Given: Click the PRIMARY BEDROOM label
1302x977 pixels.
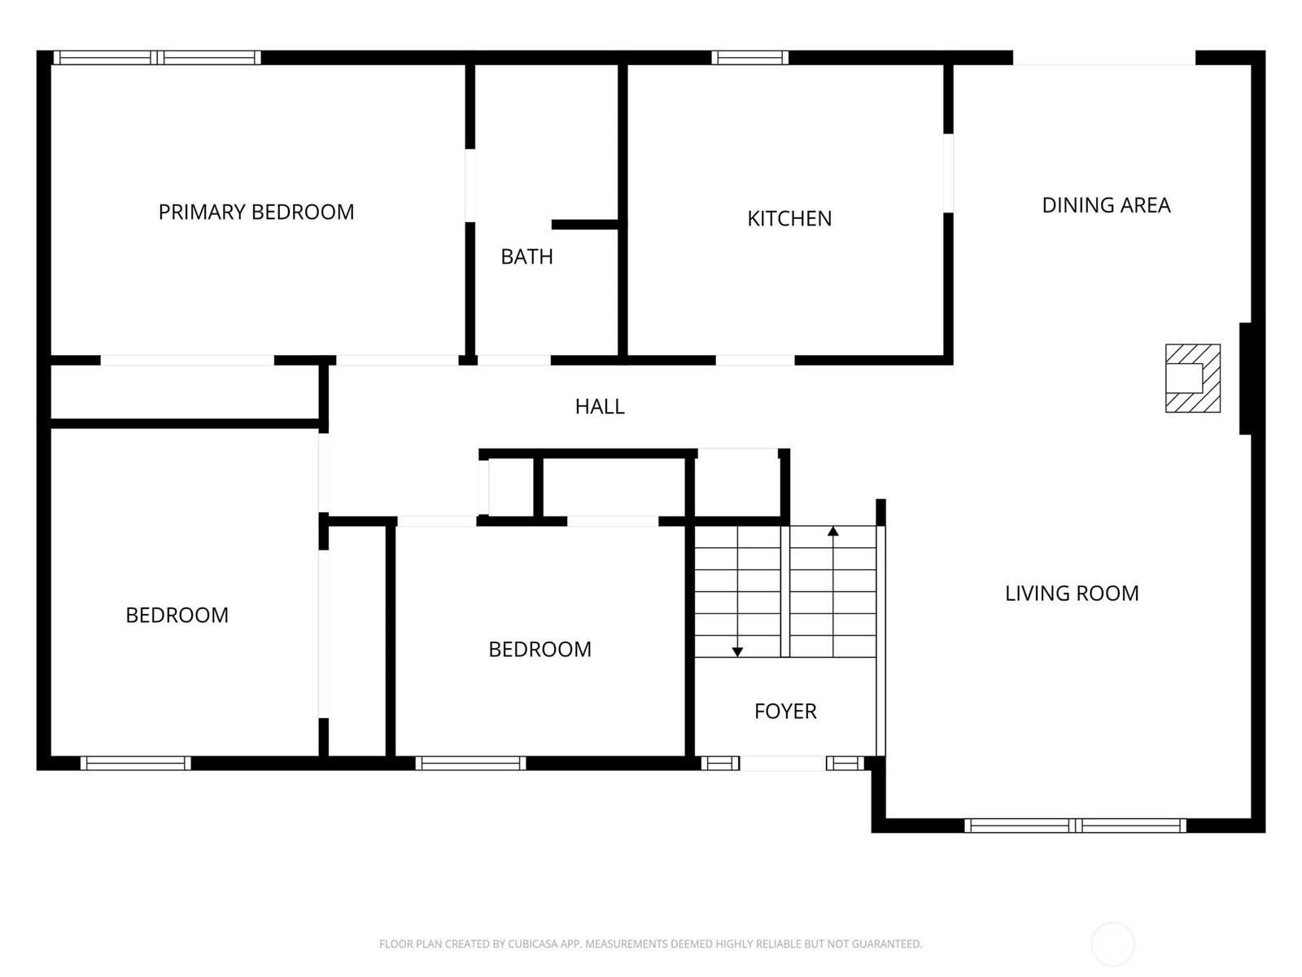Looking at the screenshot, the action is [256, 212].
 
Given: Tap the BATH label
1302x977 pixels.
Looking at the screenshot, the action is [526, 256].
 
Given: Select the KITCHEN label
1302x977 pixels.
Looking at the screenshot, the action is [789, 219].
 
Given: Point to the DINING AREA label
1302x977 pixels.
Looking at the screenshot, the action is [1106, 205].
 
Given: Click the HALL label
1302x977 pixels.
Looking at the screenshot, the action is [600, 406].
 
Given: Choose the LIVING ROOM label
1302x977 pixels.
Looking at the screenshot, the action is [1072, 594].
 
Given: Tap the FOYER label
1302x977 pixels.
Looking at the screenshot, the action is [785, 712].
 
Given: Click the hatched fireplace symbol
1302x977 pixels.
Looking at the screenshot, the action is [1193, 378].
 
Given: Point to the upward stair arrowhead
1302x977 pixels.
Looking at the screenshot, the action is [833, 531].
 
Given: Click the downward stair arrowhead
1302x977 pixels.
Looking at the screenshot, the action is [737, 652].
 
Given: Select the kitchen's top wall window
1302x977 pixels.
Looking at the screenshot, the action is [749, 58].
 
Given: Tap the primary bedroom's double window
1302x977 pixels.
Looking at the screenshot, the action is [157, 58].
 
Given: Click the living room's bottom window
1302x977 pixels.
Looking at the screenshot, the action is [1075, 825].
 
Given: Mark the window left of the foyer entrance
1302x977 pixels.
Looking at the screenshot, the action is [720, 764].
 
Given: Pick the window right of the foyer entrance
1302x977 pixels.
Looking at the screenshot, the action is [845, 764].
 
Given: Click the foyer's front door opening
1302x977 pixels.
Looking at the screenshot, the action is [783, 764].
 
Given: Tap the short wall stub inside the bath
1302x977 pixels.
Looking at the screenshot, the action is [585, 224].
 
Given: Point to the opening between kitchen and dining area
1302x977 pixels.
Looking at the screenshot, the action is [949, 173].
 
